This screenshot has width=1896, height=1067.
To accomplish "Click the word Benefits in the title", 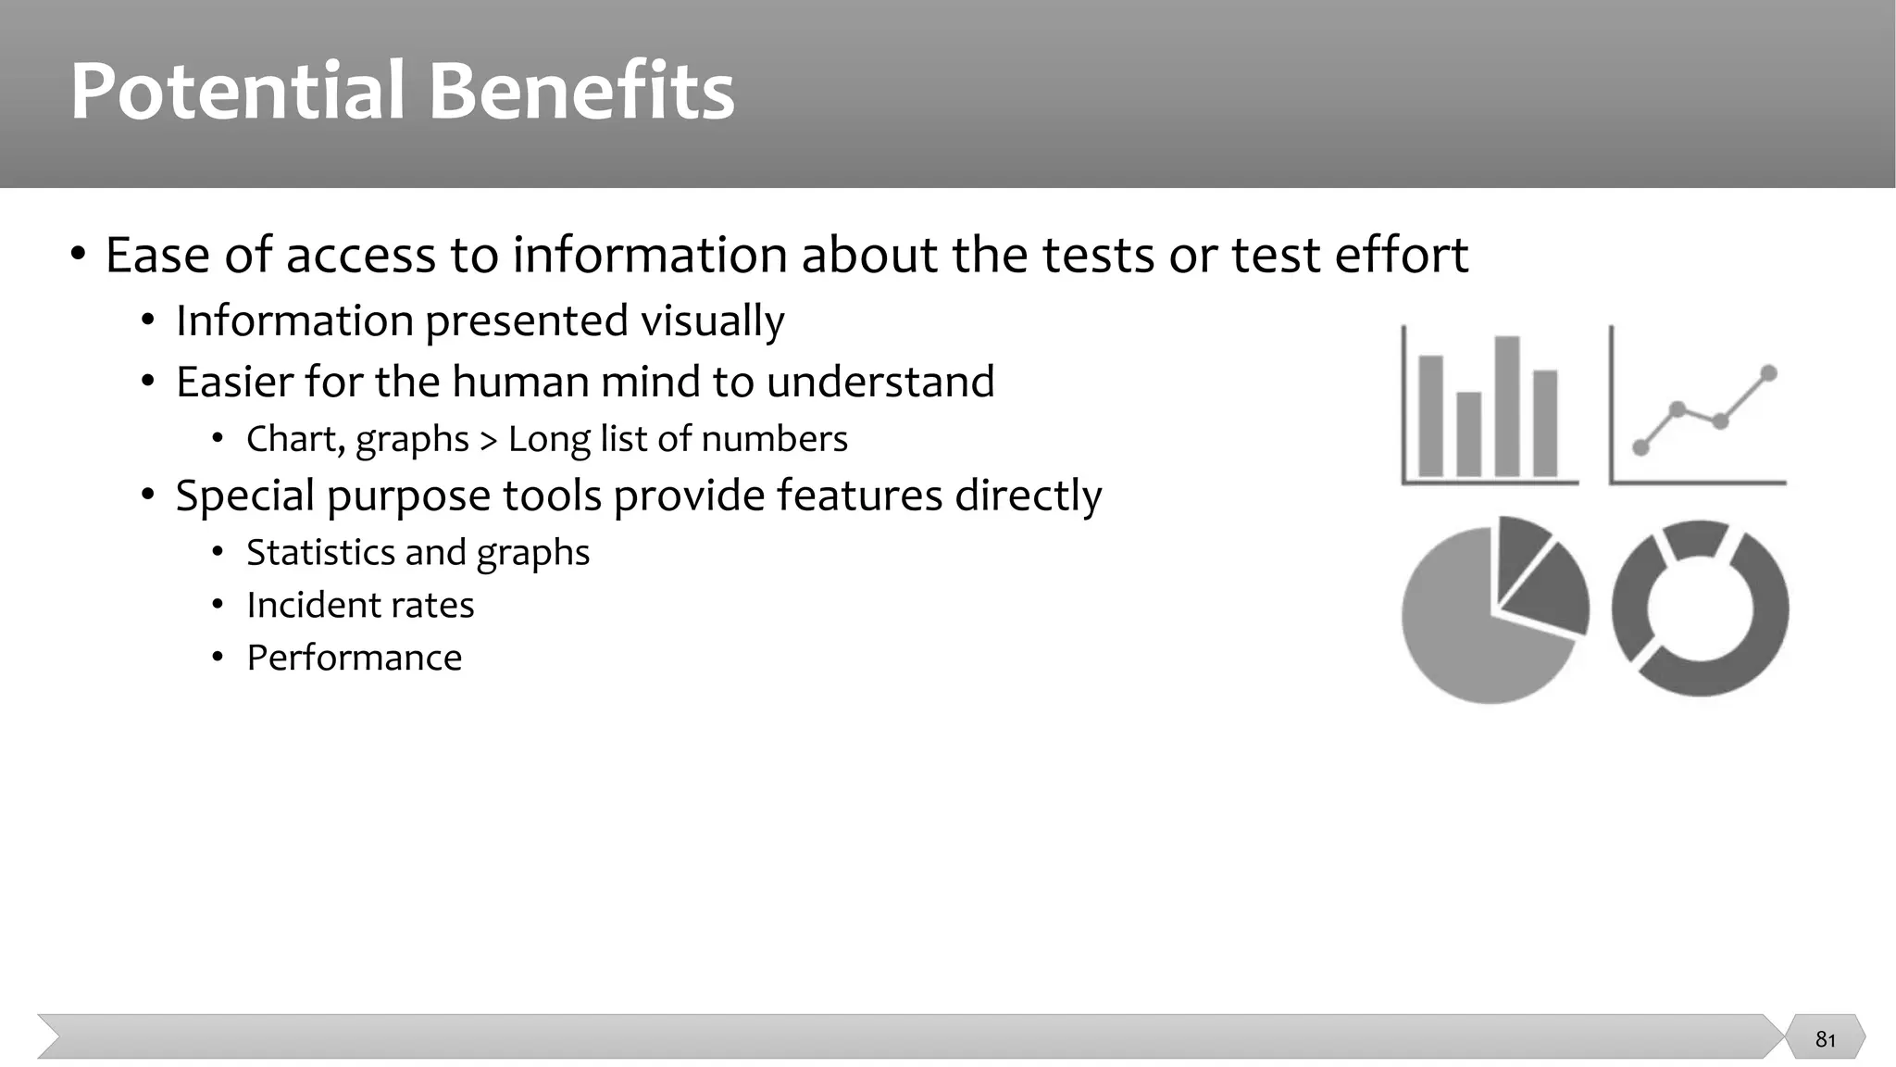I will tap(580, 91).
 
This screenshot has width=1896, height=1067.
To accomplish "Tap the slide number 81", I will tap(1825, 1039).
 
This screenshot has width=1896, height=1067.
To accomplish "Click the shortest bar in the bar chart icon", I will tap(1468, 433).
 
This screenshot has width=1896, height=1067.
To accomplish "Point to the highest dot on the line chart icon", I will tap(1768, 373).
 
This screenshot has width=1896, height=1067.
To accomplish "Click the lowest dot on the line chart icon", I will tap(1640, 448).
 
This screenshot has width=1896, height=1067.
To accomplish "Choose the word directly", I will tap(1028, 496).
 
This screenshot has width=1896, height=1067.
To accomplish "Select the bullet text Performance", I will tap(354, 658).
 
